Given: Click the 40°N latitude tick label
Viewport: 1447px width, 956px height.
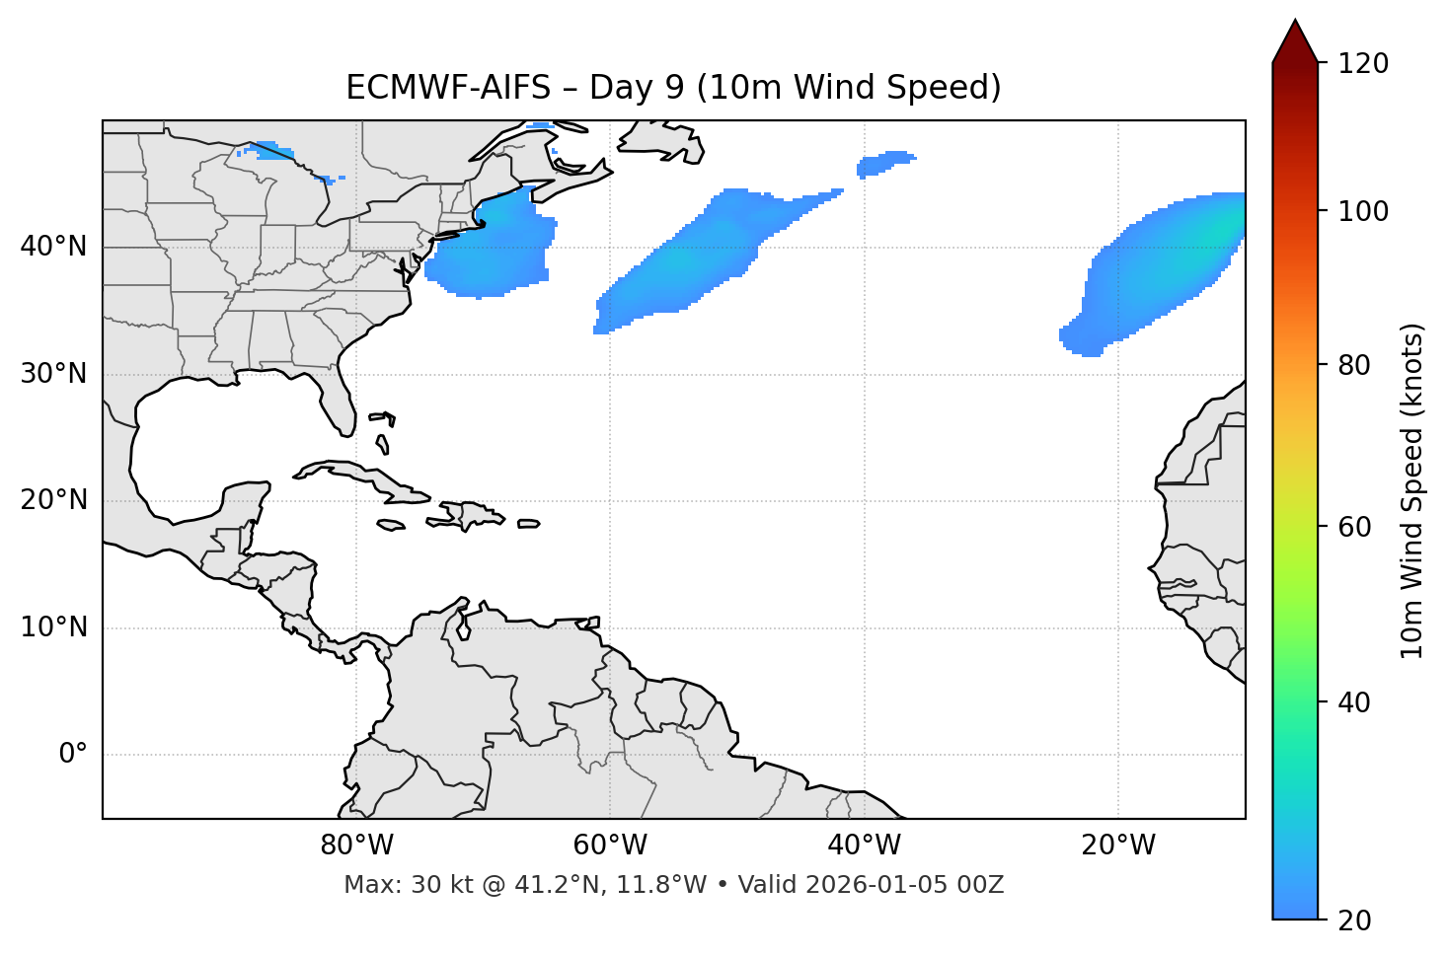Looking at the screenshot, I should click(53, 247).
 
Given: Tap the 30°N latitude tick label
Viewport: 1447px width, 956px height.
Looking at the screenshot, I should click(53, 374).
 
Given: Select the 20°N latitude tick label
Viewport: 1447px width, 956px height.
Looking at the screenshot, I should click(53, 500).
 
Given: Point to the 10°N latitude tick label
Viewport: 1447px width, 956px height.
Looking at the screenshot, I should click(53, 627).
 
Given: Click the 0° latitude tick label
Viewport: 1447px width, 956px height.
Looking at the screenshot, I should click(73, 755).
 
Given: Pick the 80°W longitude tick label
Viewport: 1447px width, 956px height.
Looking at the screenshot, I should click(356, 846).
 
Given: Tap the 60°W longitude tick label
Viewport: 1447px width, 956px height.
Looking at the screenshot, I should click(610, 846).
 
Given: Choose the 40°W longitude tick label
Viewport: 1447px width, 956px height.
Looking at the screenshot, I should click(864, 846).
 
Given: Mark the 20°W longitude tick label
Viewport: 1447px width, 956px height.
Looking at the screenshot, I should click(1117, 846).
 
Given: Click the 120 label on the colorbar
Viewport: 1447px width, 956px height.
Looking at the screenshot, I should click(1361, 64).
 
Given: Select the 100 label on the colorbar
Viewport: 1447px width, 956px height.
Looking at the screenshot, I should click(1361, 211).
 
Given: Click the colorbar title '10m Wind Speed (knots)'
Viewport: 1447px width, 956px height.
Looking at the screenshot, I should click(1412, 491).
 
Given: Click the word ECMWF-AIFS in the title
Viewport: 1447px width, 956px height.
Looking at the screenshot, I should click(448, 88).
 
